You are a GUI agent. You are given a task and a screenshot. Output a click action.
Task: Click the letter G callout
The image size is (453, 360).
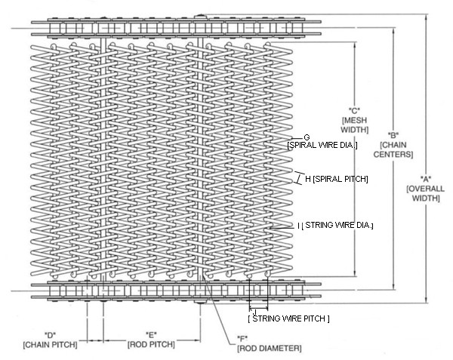pyautogui.click(x=307, y=137)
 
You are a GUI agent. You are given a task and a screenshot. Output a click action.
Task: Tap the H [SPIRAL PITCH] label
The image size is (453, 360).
pyautogui.click(x=336, y=179)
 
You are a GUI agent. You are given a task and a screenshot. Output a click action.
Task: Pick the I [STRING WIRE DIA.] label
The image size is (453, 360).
pyautogui.click(x=336, y=225)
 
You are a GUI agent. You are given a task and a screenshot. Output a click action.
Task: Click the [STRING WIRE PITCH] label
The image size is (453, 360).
pyautogui.click(x=289, y=319)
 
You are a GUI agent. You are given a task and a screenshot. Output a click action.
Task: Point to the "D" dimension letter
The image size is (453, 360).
pyautogui.click(x=50, y=334)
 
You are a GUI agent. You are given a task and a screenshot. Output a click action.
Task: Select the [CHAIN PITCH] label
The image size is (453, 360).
pyautogui.click(x=50, y=344)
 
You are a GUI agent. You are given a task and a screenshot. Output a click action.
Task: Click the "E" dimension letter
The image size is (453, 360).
pyautogui.click(x=151, y=334)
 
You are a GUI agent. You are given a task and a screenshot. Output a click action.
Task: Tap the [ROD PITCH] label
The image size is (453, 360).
pyautogui.click(x=151, y=344)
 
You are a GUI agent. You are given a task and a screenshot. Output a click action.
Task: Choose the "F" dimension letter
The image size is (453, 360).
pyautogui.click(x=242, y=338)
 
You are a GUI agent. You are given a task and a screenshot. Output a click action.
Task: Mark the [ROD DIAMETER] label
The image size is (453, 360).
pyautogui.click(x=270, y=348)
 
